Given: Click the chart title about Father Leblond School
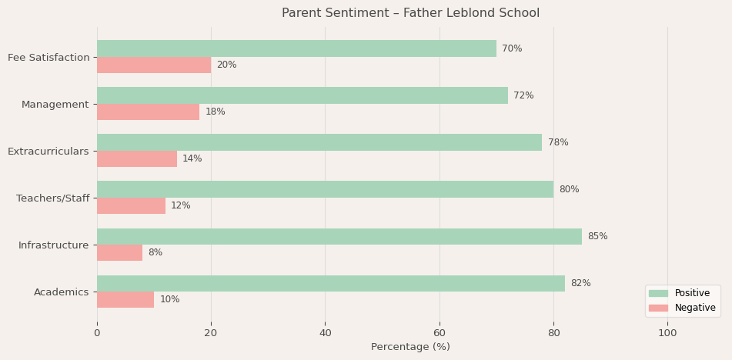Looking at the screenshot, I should click(x=410, y=13).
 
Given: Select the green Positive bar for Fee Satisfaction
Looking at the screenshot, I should click(x=296, y=48).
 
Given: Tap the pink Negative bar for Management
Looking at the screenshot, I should click(x=148, y=112).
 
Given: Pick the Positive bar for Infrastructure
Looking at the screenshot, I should click(x=339, y=236).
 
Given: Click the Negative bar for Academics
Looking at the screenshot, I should click(x=125, y=299).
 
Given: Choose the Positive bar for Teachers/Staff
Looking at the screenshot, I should click(x=325, y=189).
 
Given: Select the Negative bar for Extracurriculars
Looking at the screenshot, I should click(x=137, y=158).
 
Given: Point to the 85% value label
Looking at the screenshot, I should click(x=597, y=236).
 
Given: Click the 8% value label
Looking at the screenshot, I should click(x=155, y=252).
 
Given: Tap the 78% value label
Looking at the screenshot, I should click(x=558, y=142).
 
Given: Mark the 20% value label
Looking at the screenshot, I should click(x=226, y=65).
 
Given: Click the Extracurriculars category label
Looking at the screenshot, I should click(x=48, y=151).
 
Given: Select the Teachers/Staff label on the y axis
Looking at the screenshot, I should click(x=53, y=198).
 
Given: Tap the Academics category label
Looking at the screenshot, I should click(x=62, y=292).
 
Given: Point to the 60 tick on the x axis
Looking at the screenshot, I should click(x=440, y=333).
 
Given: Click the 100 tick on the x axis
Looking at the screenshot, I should click(x=667, y=333).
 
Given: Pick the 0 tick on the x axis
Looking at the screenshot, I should click(x=97, y=333).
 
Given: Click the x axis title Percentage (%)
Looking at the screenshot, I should click(x=410, y=347).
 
